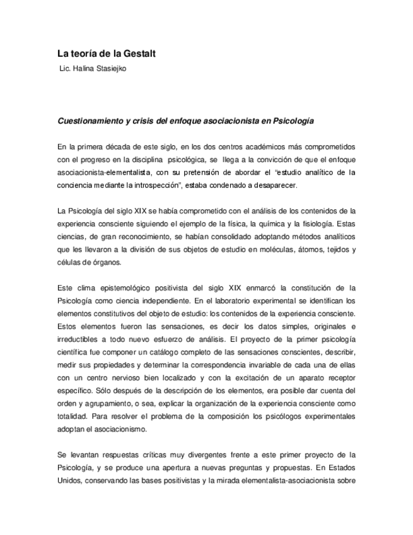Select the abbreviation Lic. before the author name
66,69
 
